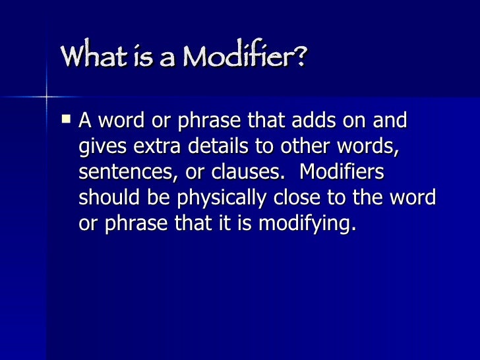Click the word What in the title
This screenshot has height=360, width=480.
click(x=92, y=57)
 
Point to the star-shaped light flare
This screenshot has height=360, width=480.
click(x=46, y=98)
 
